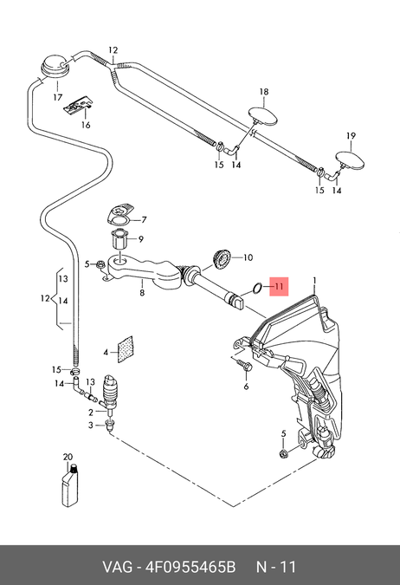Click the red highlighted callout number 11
pos(279,287)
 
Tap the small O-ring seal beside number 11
pos(257,288)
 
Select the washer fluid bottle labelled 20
pos(70,485)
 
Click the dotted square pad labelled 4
pos(126,349)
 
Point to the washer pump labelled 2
pos(110,394)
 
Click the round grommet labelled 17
pos(55,67)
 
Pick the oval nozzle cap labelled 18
pos(263,115)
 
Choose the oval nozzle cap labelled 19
pos(351,160)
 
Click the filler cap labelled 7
pos(120,215)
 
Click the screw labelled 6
pos(245,365)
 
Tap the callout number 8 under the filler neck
pos(142,293)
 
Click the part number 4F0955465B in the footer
pos(190,567)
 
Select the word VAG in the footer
pos(118,567)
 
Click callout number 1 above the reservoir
pos(314,280)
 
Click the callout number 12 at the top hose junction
pos(113,50)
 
